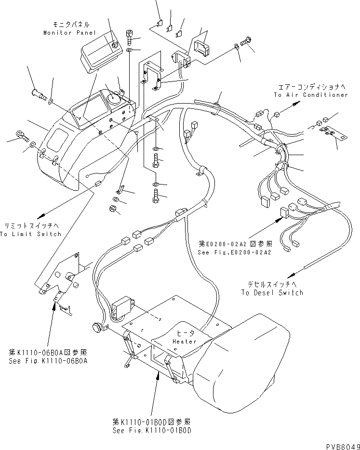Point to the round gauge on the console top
point(115,98)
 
